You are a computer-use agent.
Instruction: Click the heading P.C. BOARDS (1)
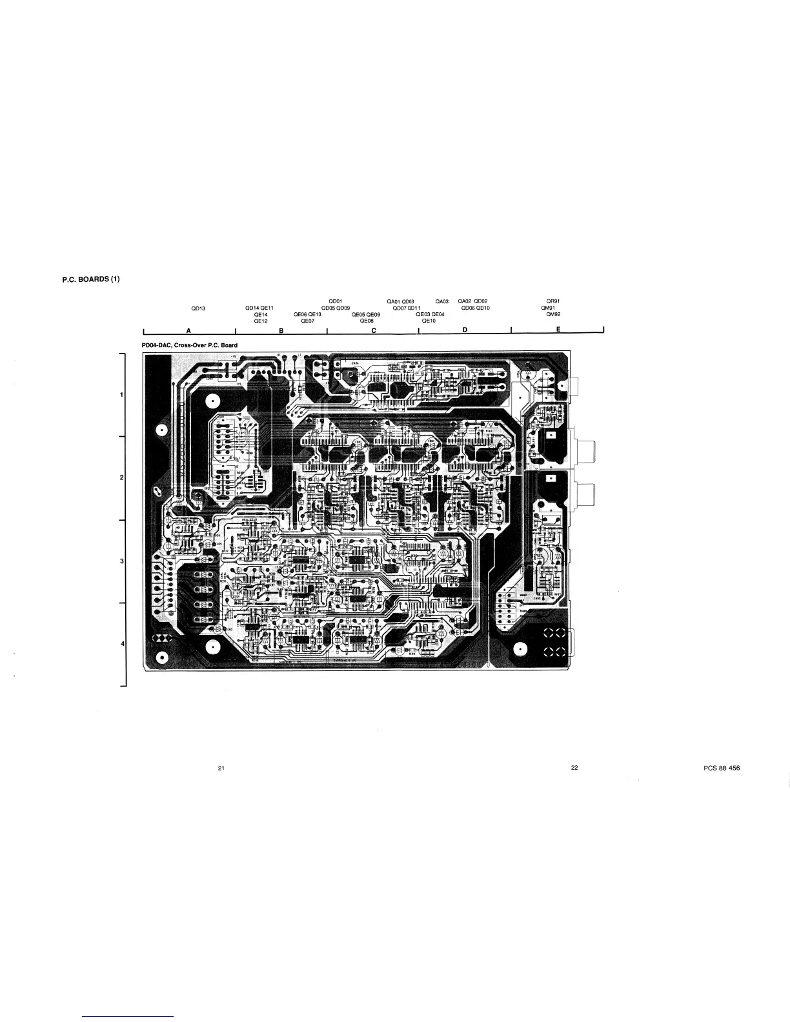pyautogui.click(x=91, y=279)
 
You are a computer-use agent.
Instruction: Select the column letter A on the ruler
pyautogui.click(x=188, y=330)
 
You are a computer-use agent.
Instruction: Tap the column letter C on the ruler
pyautogui.click(x=374, y=330)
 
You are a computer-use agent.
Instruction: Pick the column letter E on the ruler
pyautogui.click(x=558, y=330)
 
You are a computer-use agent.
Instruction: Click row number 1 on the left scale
pyautogui.click(x=122, y=394)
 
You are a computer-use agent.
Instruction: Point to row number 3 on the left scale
pyautogui.click(x=122, y=561)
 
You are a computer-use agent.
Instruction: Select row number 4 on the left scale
pyautogui.click(x=122, y=644)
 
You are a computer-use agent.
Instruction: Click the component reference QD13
pyautogui.click(x=198, y=308)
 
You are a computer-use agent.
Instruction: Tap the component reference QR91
pyautogui.click(x=553, y=301)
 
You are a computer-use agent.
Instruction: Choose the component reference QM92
pyautogui.click(x=553, y=314)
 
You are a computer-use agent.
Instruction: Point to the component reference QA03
pyautogui.click(x=442, y=301)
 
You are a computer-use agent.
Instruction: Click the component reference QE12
pyautogui.click(x=260, y=321)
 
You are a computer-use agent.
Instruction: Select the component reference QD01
pyautogui.click(x=335, y=301)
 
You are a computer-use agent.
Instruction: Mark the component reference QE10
pyautogui.click(x=429, y=321)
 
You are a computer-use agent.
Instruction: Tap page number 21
pyautogui.click(x=221, y=768)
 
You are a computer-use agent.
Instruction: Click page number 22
pyautogui.click(x=574, y=768)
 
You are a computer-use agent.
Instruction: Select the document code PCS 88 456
pyautogui.click(x=722, y=768)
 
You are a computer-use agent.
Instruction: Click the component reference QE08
pyautogui.click(x=367, y=321)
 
